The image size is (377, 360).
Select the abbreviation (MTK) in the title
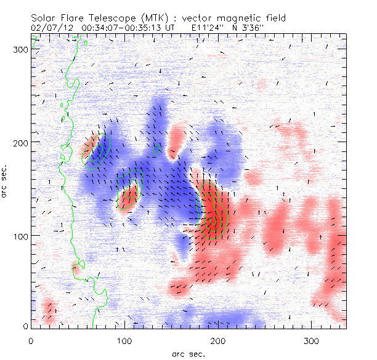(x=150, y=18)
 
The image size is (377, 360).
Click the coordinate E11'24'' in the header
(x=211, y=28)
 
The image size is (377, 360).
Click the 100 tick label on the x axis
(x=124, y=340)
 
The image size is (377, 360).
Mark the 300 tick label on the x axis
(x=311, y=340)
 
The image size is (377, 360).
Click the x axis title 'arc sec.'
(x=188, y=353)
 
